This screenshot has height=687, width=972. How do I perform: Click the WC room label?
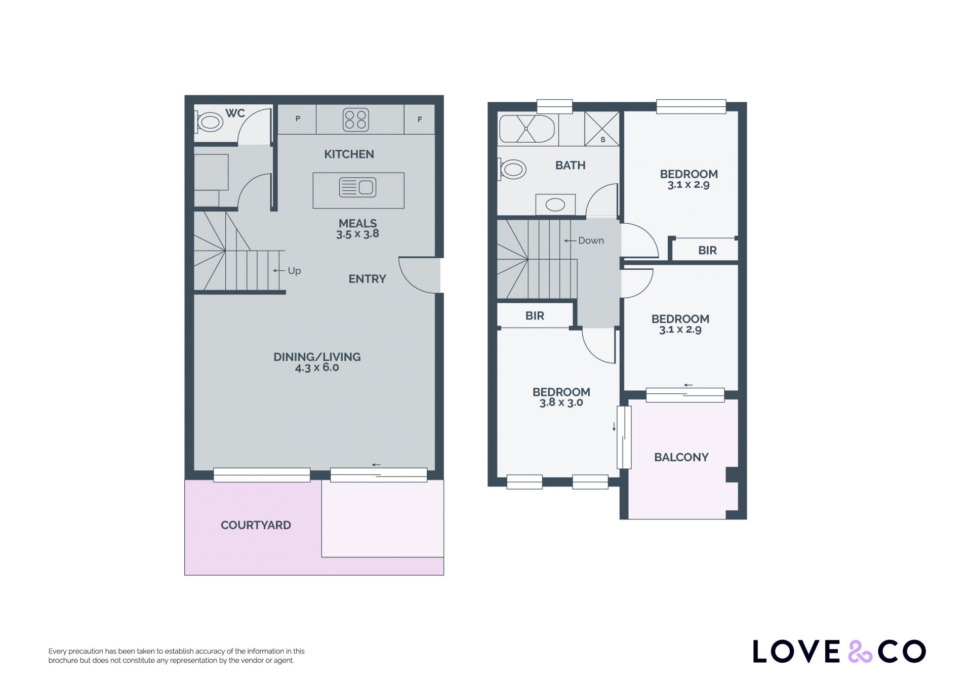(x=235, y=113)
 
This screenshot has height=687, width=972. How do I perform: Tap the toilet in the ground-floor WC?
(x=209, y=122)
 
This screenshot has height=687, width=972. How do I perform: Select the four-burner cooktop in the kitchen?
(x=355, y=120)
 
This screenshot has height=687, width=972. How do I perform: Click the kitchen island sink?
(x=357, y=187)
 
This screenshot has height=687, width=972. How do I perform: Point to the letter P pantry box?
(x=297, y=119)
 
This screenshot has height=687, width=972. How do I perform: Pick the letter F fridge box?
(x=419, y=119)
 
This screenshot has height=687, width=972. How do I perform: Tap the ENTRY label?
(x=367, y=279)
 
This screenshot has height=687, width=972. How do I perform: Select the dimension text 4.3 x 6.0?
(x=317, y=368)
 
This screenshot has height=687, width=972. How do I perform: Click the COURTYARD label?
(x=256, y=526)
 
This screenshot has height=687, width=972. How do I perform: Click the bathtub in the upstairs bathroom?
(x=526, y=129)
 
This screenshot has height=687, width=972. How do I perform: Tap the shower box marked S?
(x=602, y=129)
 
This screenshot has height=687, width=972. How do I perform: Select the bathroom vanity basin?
(x=555, y=205)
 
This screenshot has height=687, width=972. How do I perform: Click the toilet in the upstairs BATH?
(x=511, y=170)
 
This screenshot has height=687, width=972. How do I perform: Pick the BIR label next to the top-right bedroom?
(x=707, y=251)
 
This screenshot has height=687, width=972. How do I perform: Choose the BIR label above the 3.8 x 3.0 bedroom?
(x=535, y=316)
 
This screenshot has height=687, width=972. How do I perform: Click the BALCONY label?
(x=681, y=458)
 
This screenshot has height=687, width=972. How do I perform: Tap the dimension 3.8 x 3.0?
(x=561, y=403)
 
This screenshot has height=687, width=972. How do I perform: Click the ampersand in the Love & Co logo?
(x=860, y=652)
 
